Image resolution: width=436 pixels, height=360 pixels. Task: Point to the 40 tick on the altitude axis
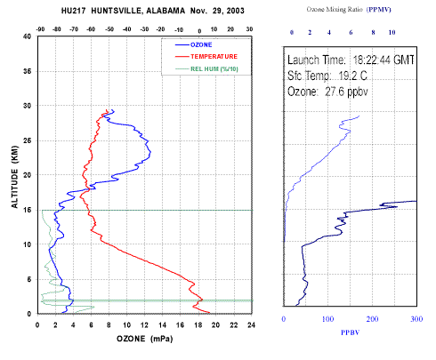pyautogui.click(x=27, y=36)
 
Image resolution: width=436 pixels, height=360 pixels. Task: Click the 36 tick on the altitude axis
pyautogui.click(x=27, y=71)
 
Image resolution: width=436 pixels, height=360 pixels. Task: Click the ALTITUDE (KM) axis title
pyautogui.click(x=14, y=177)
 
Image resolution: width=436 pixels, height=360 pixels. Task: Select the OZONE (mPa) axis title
pyautogui.click(x=145, y=339)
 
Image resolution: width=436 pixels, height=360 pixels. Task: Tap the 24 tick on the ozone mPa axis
pyautogui.click(x=252, y=325)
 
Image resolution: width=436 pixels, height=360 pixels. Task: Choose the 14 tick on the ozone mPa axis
pyautogui.click(x=162, y=325)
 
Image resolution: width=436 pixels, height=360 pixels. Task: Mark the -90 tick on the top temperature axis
pyautogui.click(x=40, y=29)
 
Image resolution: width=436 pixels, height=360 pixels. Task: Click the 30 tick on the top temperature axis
pyautogui.click(x=249, y=29)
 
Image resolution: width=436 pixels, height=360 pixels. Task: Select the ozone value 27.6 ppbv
pyautogui.click(x=346, y=92)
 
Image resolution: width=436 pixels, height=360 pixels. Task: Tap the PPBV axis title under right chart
pyautogui.click(x=351, y=332)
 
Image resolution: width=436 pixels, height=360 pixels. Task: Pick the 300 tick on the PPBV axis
pyautogui.click(x=416, y=319)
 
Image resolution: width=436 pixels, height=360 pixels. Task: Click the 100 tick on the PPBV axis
pyautogui.click(x=327, y=319)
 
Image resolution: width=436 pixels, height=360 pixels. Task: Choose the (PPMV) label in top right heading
pyautogui.click(x=379, y=10)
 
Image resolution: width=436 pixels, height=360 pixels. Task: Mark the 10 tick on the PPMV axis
pyautogui.click(x=392, y=32)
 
